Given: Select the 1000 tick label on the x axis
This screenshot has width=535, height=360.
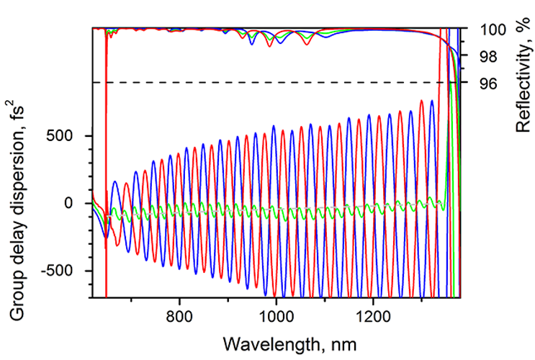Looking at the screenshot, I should tap(276, 315).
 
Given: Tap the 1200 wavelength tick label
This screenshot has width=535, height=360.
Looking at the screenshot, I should tap(372, 315).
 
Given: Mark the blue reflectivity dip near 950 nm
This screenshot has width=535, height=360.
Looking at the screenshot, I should tap(252, 44).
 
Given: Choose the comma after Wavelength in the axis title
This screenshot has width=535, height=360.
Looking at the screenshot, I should tap(320, 343).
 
